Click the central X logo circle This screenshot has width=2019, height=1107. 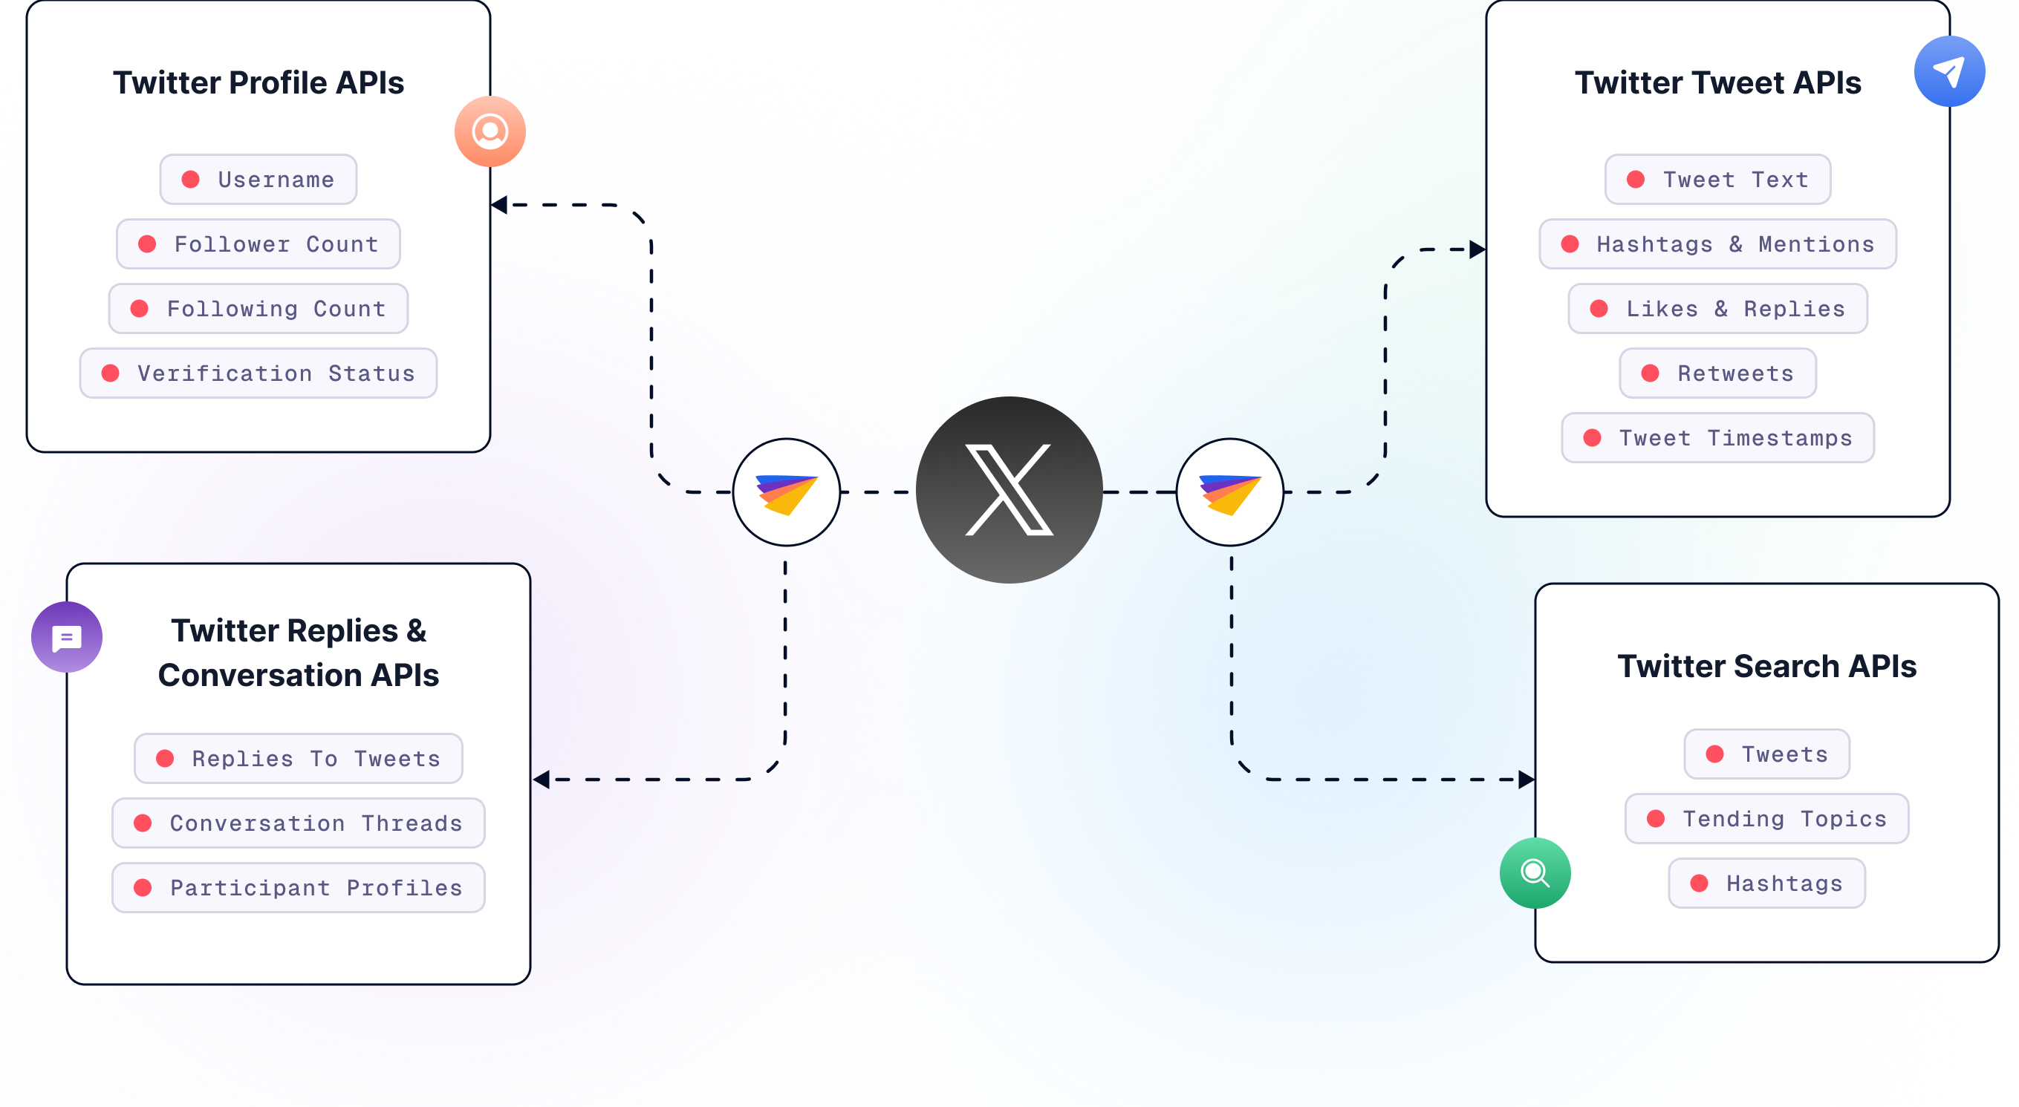(x=1009, y=490)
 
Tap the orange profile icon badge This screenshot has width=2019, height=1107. (x=490, y=131)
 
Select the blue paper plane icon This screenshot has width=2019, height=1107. (x=1948, y=71)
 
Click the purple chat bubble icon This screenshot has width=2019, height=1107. (x=67, y=637)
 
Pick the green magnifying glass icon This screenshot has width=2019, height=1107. (x=1534, y=872)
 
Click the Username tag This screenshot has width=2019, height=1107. (x=258, y=180)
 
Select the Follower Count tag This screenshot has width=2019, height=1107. (x=258, y=244)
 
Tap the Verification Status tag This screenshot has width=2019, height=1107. (x=258, y=373)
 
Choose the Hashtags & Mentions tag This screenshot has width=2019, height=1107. (x=1717, y=244)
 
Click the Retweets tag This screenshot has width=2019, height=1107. (x=1717, y=373)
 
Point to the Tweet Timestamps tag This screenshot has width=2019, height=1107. (x=1717, y=438)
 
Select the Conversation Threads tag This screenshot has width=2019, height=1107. (x=298, y=823)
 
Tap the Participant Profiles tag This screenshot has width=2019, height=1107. (x=298, y=888)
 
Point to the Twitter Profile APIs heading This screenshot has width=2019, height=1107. (x=258, y=82)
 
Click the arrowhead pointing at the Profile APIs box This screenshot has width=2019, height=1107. (x=499, y=205)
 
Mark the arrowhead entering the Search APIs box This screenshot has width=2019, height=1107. (x=1525, y=780)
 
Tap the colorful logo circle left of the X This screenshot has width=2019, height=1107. (x=786, y=492)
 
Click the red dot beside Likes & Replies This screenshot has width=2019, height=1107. (x=1598, y=309)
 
